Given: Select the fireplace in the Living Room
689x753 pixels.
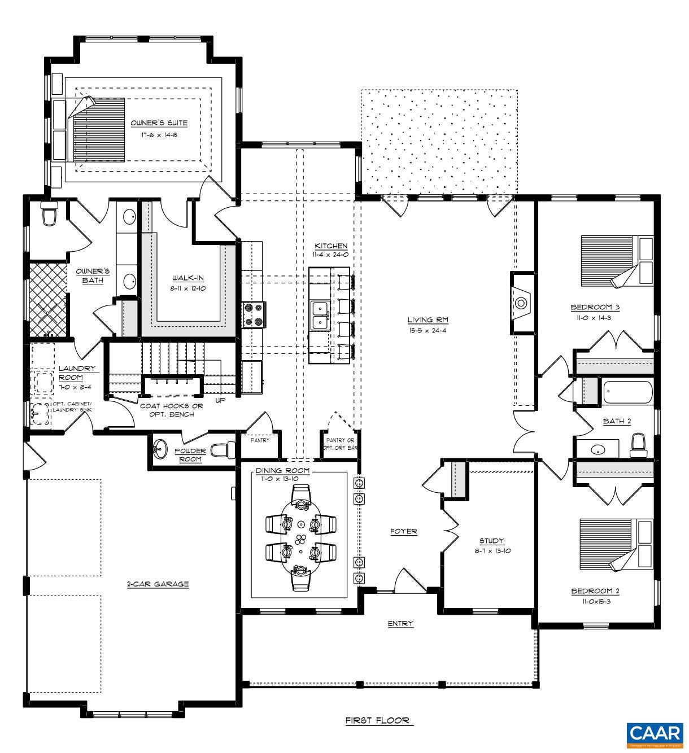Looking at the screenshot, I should point(522,304).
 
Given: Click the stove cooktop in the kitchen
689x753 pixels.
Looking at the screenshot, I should point(254,315).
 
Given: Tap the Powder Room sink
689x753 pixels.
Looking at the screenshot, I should point(161,450).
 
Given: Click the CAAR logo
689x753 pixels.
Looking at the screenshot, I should point(655,734).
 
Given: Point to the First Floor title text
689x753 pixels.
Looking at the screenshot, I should point(379,721).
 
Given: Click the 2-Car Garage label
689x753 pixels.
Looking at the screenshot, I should point(158,584).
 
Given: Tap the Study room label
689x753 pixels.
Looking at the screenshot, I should point(491,541).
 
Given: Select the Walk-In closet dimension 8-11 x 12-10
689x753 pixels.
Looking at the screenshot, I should point(188,287).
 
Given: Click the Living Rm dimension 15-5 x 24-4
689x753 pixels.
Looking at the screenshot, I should point(428,330).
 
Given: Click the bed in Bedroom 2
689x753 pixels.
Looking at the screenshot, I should point(616,545).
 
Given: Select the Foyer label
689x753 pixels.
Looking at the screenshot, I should point(404,531).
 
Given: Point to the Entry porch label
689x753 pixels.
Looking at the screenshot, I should point(400,624).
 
